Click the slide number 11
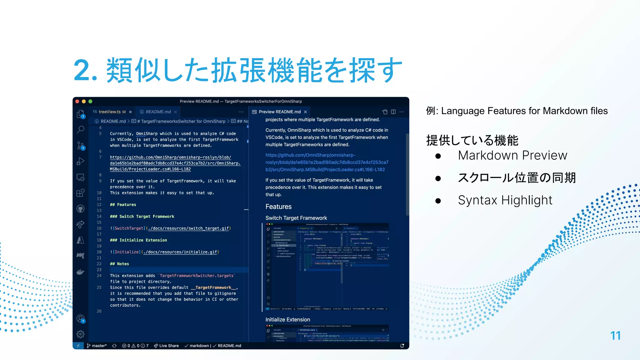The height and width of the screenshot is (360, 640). tap(615, 336)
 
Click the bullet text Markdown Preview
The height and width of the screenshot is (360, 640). tap(512, 155)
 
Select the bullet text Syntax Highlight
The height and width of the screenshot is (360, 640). tap(505, 200)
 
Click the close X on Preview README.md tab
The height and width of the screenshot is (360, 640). tap(305, 112)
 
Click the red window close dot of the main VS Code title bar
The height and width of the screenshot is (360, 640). tap(77, 101)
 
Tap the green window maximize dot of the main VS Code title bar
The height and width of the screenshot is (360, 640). tap(90, 101)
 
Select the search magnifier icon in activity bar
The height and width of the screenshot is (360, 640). tap(81, 129)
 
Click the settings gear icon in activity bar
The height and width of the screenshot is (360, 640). tap(81, 334)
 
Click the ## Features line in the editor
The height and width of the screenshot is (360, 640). tap(123, 205)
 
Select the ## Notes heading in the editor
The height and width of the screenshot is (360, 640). tap(119, 264)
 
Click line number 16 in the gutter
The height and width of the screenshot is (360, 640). tap(99, 228)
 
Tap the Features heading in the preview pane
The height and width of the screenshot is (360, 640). tap(278, 207)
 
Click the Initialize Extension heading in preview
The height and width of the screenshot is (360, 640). tap(287, 319)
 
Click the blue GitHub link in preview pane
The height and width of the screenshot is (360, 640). tap(327, 162)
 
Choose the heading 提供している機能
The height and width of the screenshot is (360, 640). tap(472, 140)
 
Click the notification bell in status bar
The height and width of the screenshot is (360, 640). tap(402, 346)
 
